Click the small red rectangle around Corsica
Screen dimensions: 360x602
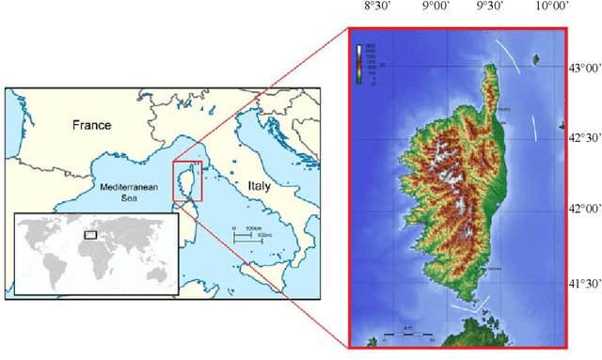pyautogui.click(x=187, y=180)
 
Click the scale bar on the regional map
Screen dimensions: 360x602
pyautogui.click(x=246, y=235)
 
